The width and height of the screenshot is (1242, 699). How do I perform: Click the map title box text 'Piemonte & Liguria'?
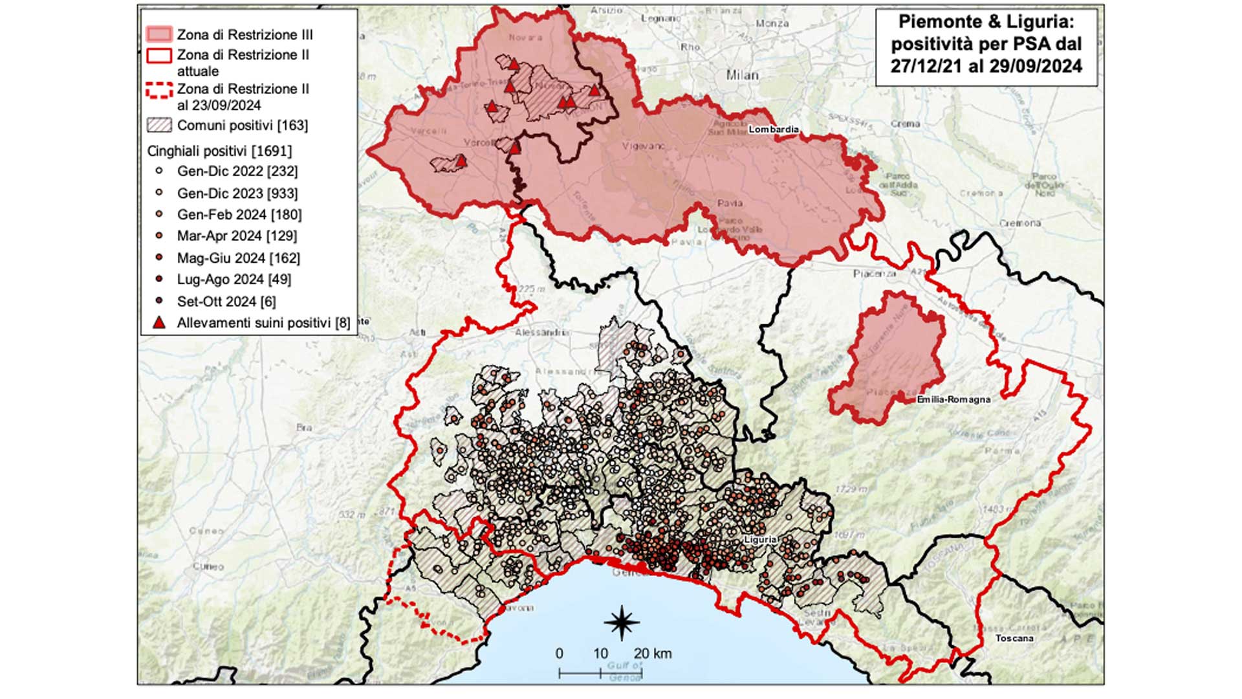pos(985,22)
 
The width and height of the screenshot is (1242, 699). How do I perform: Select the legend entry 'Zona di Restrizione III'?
pos(245,35)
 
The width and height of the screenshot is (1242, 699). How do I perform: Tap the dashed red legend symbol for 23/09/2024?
pos(159,91)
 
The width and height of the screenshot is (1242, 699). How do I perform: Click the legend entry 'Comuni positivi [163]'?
pos(242,126)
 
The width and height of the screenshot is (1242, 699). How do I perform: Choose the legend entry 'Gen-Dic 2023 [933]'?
pos(237,194)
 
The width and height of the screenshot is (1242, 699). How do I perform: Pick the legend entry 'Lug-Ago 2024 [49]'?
pos(234,280)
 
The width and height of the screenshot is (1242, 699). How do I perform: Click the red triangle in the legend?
pos(158,322)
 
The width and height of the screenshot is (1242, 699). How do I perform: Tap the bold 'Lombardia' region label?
pos(773,129)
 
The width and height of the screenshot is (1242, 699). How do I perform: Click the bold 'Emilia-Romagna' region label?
pos(953,400)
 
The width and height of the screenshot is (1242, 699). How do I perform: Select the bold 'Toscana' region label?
pos(1014,638)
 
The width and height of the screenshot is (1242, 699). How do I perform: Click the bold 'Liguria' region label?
pos(759,539)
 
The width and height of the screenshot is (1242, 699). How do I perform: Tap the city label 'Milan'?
pos(741,75)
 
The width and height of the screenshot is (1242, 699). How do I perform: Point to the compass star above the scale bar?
pos(622,623)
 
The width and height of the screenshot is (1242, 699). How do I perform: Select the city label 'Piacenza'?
pos(874,274)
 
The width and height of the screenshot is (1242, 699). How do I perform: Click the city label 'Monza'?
pos(772,23)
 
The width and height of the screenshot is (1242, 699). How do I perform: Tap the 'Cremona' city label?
pos(1019,223)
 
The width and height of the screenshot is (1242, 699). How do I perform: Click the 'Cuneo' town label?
pos(208,566)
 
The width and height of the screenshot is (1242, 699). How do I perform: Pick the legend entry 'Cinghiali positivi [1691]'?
pos(219,151)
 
